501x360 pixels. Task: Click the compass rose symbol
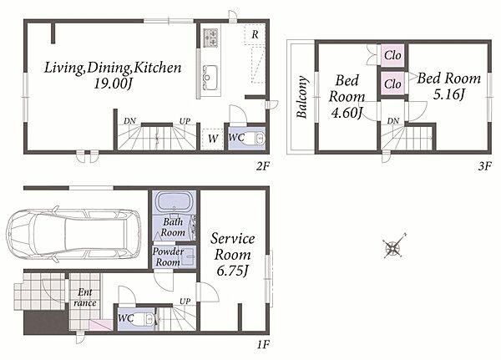click(x=395, y=246)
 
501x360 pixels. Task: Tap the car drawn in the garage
click(x=73, y=234)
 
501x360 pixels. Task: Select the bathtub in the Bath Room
click(x=174, y=203)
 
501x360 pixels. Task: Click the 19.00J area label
click(x=113, y=84)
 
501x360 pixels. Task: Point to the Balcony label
click(x=302, y=97)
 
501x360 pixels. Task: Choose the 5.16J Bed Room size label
click(x=448, y=94)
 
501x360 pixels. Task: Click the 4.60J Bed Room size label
click(x=347, y=113)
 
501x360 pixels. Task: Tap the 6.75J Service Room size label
click(x=232, y=271)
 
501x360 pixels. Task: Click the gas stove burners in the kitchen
click(x=210, y=38)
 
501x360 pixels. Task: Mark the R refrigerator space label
click(x=255, y=34)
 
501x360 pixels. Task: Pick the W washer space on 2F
click(x=213, y=139)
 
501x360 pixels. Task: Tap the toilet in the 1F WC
click(x=147, y=319)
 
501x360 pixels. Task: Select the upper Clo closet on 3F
click(x=392, y=55)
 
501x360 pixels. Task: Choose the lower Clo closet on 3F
click(x=392, y=84)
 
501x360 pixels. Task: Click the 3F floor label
click(x=484, y=166)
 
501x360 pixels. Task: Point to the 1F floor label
click(x=263, y=345)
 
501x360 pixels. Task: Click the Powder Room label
click(x=168, y=257)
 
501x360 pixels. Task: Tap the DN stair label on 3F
click(x=393, y=121)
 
